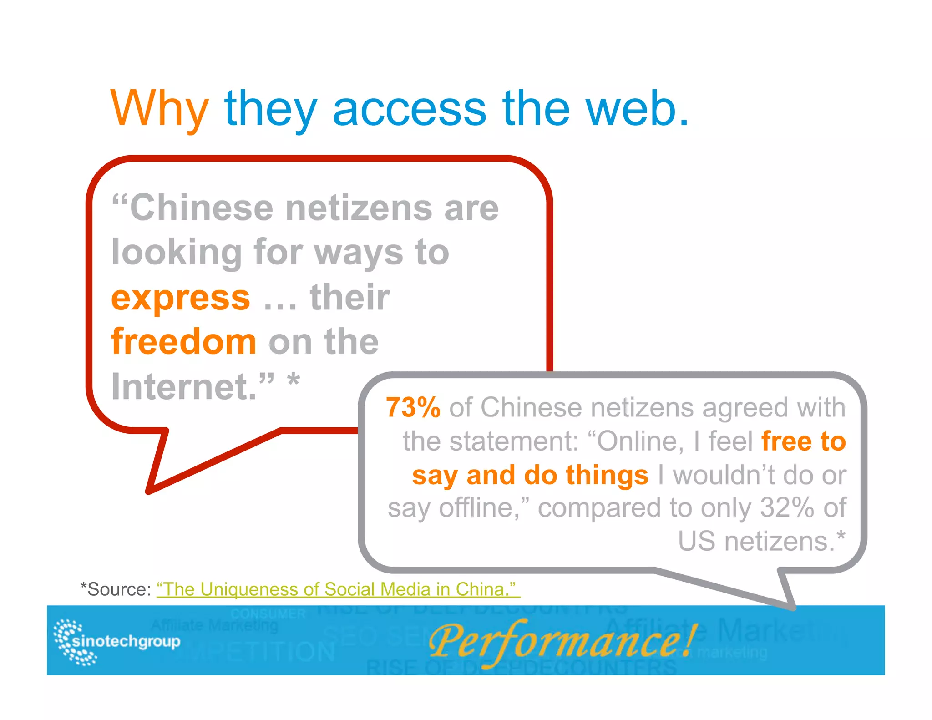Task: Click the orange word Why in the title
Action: click(x=159, y=109)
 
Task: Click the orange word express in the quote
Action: click(x=181, y=298)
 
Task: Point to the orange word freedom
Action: click(x=184, y=341)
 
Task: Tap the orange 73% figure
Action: click(x=413, y=407)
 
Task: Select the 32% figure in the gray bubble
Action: click(x=786, y=507)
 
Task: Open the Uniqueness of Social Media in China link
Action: click(x=338, y=589)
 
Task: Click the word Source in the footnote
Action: click(x=118, y=589)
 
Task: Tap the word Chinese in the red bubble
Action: click(x=201, y=208)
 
